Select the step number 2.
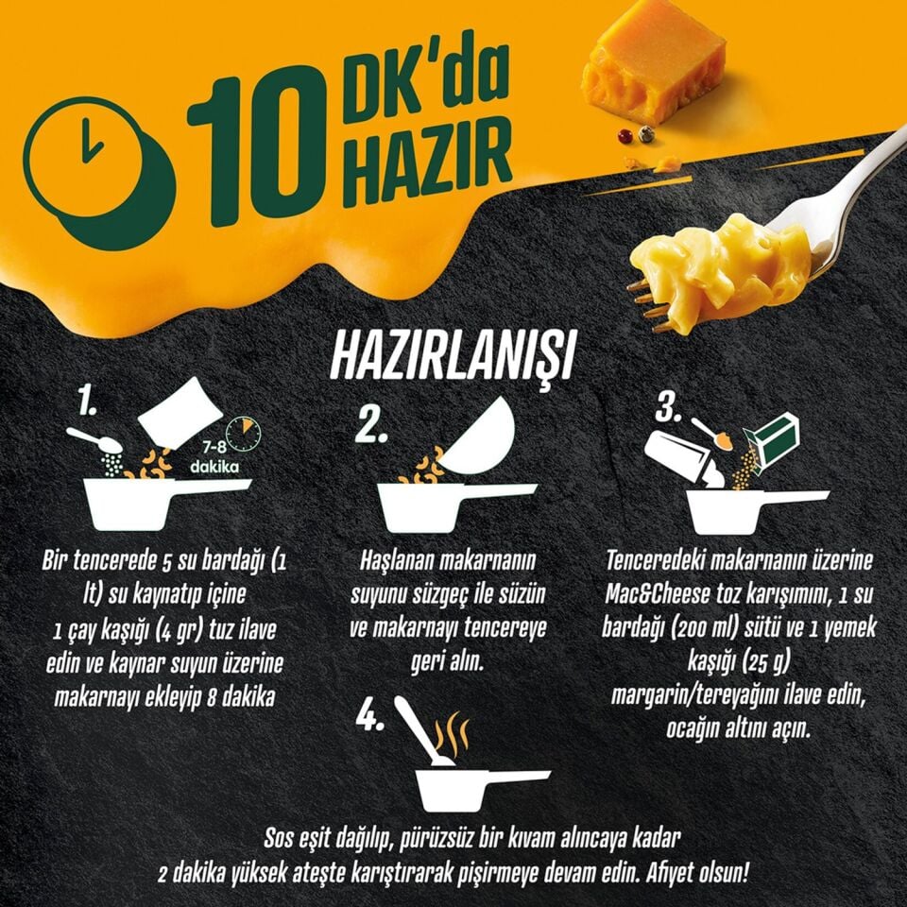pyautogui.click(x=371, y=426)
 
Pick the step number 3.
pyautogui.click(x=669, y=409)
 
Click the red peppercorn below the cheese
pyautogui.click(x=625, y=136)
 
